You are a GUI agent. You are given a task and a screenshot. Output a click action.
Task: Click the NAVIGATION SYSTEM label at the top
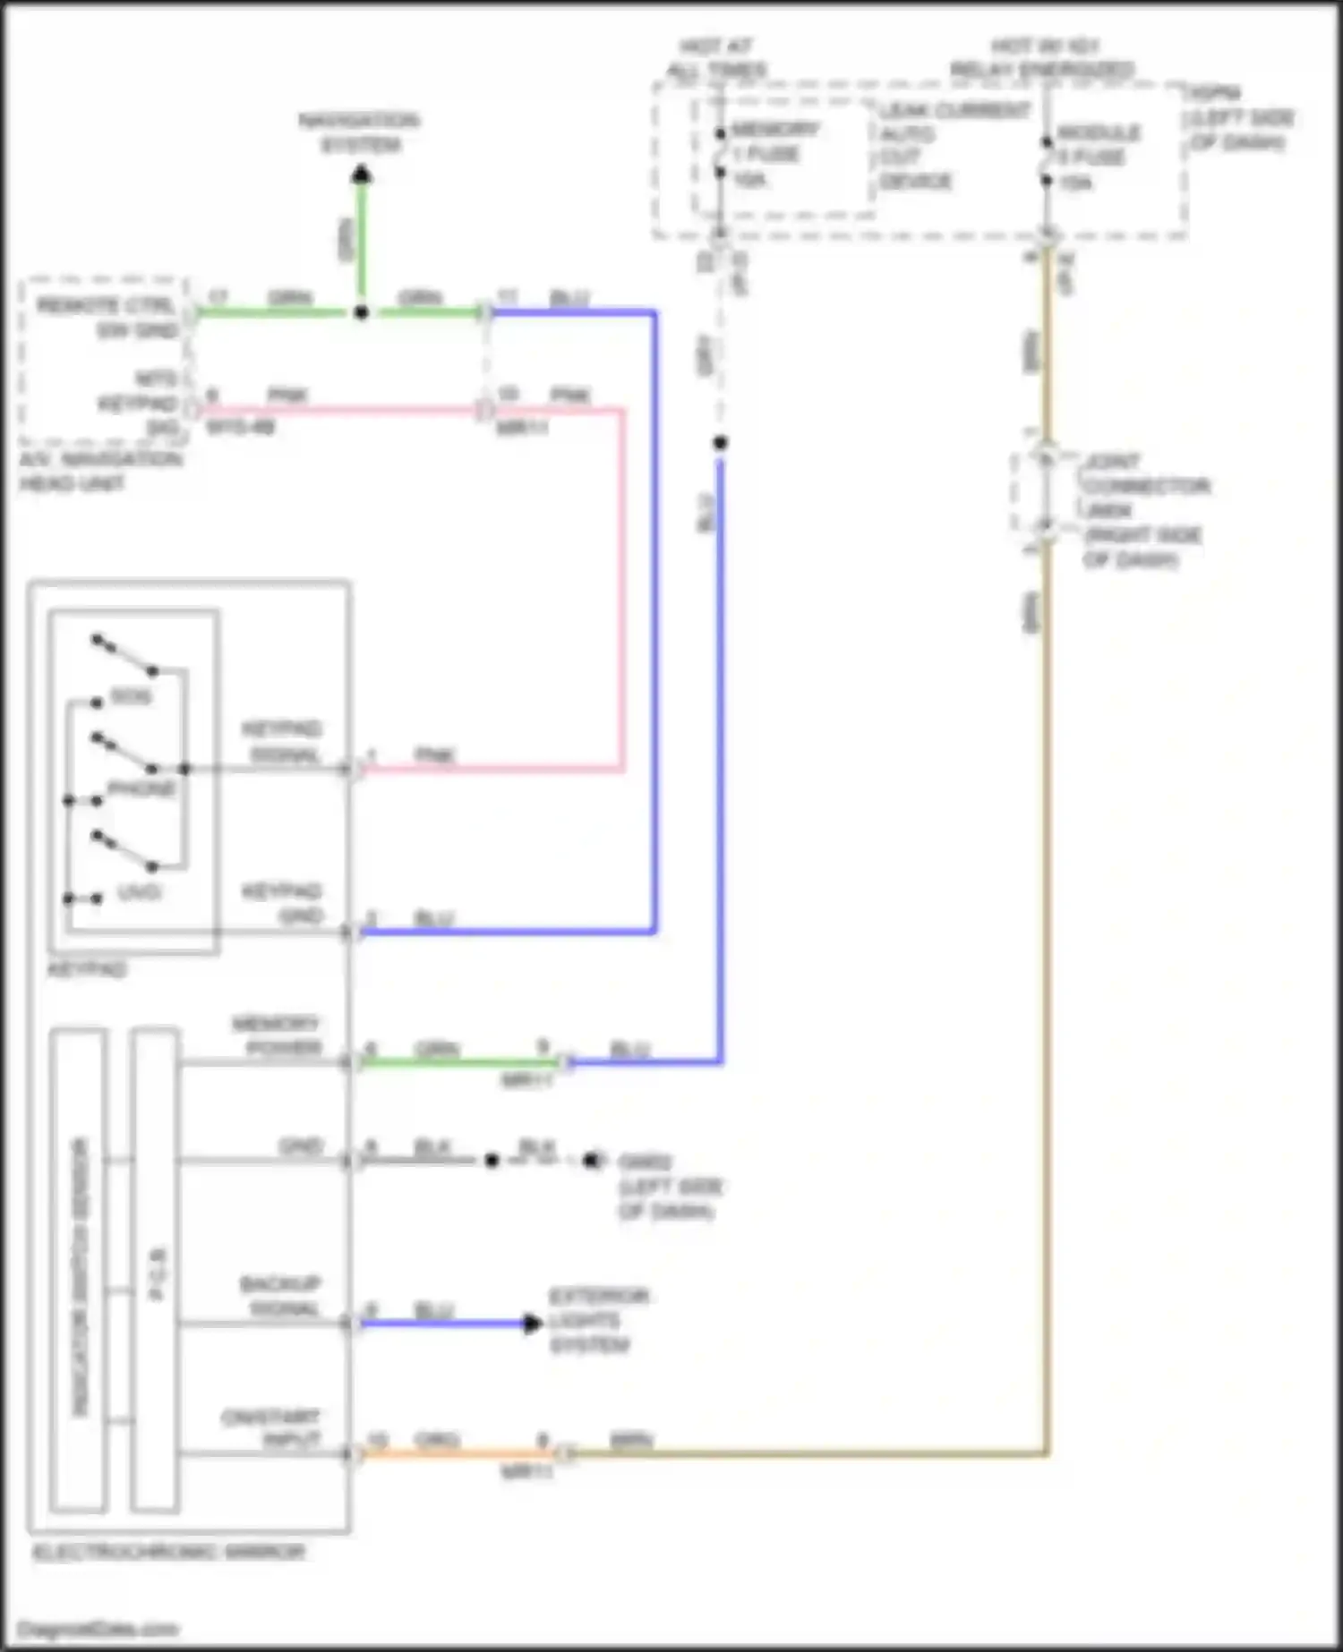coord(359,132)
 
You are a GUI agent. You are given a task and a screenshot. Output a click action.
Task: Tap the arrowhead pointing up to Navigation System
coord(361,174)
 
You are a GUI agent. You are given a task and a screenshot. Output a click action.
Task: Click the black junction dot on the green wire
coord(361,312)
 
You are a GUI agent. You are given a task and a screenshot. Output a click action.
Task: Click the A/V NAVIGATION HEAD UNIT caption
coord(100,472)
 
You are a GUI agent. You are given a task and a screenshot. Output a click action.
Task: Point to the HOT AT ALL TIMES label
coord(716,57)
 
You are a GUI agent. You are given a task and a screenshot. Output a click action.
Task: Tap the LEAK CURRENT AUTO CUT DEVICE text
coord(940,146)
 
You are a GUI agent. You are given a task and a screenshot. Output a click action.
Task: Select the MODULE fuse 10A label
coord(1097,158)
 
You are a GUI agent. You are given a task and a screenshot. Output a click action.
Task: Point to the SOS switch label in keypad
coord(131,696)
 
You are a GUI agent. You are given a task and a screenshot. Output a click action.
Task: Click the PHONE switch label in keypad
coord(141,788)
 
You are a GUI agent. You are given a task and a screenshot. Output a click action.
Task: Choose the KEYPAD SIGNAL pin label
coord(282,742)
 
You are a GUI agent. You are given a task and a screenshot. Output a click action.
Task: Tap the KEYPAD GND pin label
coord(282,904)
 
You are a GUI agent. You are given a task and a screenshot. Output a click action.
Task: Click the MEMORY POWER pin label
coord(276,1035)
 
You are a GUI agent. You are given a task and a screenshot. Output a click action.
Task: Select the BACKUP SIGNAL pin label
coord(280,1297)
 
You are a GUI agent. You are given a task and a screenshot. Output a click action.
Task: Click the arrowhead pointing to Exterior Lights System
coord(533,1323)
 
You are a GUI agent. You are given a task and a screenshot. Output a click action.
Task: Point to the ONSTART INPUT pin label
coord(271,1429)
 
